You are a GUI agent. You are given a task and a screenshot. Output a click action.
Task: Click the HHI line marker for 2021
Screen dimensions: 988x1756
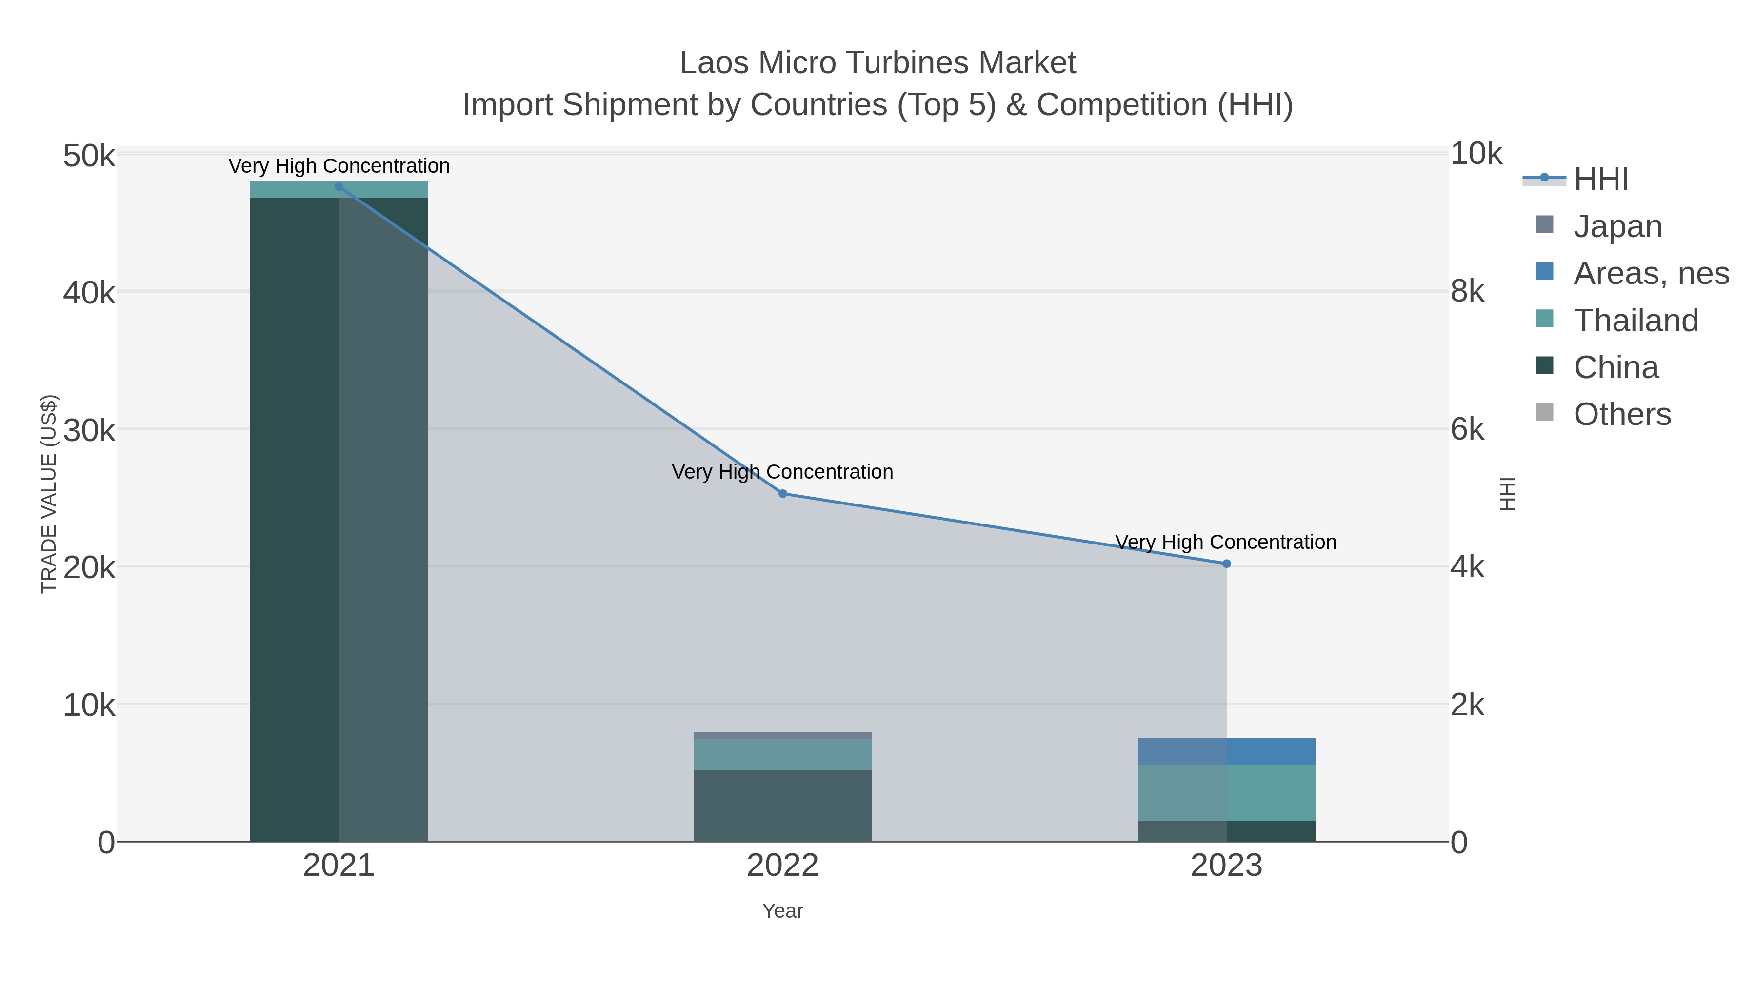(339, 187)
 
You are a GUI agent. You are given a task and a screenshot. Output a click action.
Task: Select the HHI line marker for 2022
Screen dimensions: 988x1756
(782, 494)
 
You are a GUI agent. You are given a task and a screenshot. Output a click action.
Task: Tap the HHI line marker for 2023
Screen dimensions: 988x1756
(1226, 564)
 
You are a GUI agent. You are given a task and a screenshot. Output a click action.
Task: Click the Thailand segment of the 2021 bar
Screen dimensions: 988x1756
(339, 190)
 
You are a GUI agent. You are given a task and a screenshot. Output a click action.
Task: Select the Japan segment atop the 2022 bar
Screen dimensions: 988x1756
(782, 735)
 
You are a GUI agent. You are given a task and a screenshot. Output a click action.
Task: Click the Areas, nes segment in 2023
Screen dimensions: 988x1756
(1226, 751)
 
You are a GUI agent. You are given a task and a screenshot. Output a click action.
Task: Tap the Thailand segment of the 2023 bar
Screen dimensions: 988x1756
(1226, 792)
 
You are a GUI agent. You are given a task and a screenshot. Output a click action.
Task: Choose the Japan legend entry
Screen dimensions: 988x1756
(1617, 226)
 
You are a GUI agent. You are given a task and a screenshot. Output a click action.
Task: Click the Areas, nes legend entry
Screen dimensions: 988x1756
(1650, 273)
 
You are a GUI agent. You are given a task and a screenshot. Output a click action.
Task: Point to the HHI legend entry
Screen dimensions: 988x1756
(1600, 180)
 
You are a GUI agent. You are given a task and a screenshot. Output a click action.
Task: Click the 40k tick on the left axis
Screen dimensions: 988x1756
(89, 293)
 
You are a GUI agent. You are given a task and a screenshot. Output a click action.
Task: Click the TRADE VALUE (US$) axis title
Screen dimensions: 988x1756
(49, 494)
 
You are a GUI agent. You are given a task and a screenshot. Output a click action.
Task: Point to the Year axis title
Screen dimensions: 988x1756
(782, 911)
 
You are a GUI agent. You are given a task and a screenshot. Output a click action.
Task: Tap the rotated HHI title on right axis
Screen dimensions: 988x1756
(1508, 494)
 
